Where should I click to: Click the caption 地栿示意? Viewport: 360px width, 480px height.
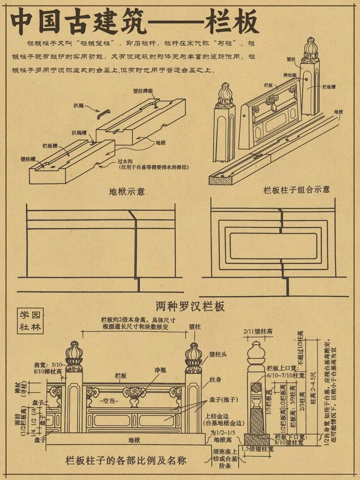tap(127, 191)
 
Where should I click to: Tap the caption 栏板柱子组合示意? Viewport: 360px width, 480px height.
tap(297, 189)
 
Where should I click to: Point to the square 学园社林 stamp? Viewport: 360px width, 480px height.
tap(30, 321)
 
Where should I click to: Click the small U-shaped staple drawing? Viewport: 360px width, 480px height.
tap(104, 113)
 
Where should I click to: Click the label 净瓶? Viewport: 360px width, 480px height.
tap(161, 370)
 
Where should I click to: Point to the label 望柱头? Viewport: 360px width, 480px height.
tap(218, 354)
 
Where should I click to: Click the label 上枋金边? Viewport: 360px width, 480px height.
tap(216, 416)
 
